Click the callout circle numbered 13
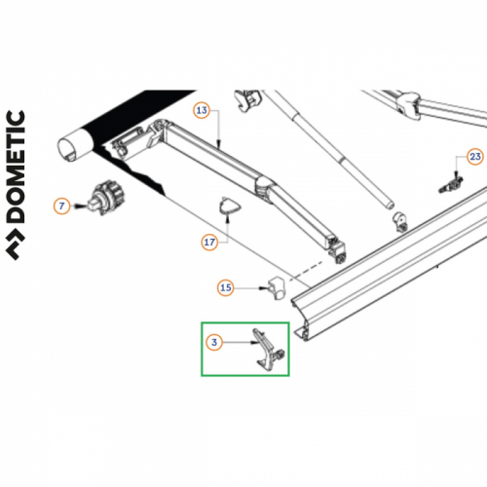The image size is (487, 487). click(x=202, y=110)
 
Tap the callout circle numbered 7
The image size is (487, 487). click(x=62, y=206)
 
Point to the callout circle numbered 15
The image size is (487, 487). click(x=226, y=287)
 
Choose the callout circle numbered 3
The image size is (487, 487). click(x=214, y=342)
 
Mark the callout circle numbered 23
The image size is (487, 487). click(x=474, y=156)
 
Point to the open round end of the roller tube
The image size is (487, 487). click(x=73, y=148)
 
